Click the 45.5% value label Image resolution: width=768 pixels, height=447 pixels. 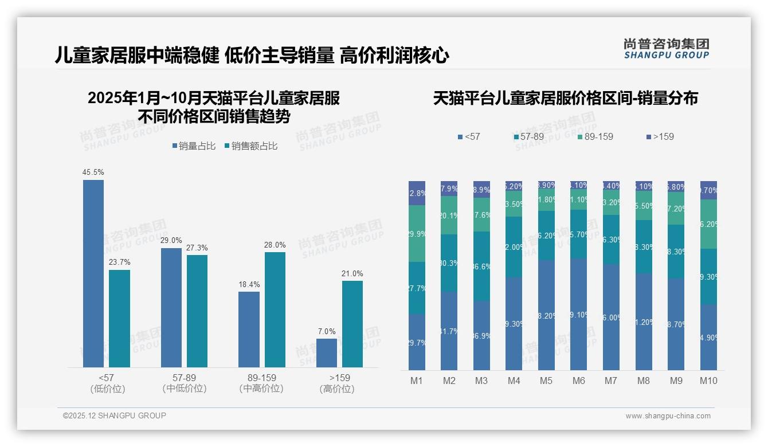click(x=93, y=172)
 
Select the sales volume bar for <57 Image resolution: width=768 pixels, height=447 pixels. click(x=93, y=273)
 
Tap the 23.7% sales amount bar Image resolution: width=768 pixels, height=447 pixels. click(x=119, y=318)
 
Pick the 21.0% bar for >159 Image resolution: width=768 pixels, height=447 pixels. click(x=352, y=324)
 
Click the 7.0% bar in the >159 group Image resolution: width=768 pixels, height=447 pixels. click(x=327, y=352)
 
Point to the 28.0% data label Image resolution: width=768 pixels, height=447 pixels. click(x=275, y=245)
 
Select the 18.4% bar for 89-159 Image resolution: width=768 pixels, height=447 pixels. click(x=249, y=329)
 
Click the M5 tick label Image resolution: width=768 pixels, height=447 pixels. click(x=546, y=381)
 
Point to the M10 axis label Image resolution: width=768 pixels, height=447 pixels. click(x=708, y=381)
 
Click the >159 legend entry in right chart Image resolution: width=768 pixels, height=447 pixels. click(x=660, y=136)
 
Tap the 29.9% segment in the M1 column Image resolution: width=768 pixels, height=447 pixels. click(x=417, y=233)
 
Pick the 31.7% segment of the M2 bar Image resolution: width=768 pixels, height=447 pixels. click(x=449, y=331)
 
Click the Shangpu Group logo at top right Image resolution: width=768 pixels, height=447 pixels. click(x=667, y=48)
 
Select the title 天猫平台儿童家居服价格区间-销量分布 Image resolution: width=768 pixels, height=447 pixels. click(x=565, y=98)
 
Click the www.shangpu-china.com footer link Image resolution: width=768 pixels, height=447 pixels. click(x=668, y=416)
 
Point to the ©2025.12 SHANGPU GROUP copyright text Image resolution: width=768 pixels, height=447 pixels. click(x=115, y=415)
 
